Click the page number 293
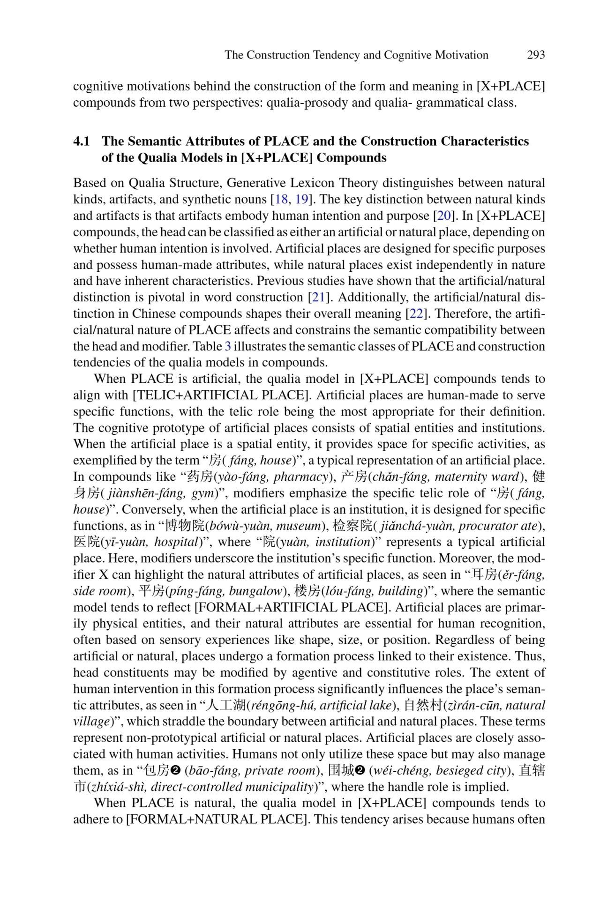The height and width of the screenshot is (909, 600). pos(536,55)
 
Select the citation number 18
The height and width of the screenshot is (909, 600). pos(281,199)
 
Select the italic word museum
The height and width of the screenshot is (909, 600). pos(303,526)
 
